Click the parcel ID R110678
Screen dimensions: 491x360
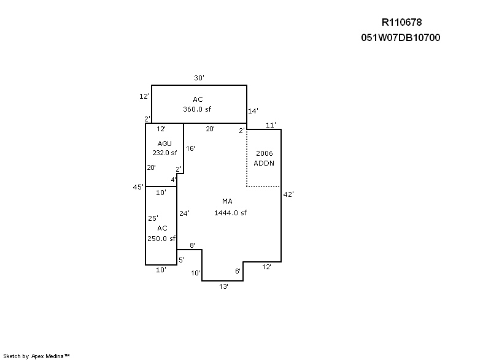tap(401, 22)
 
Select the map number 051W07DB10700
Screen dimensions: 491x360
tap(401, 37)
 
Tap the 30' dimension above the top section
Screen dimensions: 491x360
tap(199, 78)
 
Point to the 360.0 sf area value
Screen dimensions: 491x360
tap(197, 109)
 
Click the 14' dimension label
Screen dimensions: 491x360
tap(253, 111)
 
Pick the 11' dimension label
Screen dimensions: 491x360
tap(271, 125)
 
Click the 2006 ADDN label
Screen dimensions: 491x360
tap(264, 158)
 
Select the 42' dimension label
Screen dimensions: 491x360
tap(288, 194)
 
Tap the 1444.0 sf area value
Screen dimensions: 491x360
tap(230, 213)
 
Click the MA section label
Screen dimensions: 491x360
tap(227, 201)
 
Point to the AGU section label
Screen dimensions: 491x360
tap(164, 144)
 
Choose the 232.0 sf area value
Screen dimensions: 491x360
tap(164, 153)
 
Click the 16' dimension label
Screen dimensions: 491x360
tap(190, 148)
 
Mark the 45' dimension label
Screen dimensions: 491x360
tap(138, 187)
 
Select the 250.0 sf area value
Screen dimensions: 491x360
tap(161, 239)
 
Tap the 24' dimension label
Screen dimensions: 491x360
tap(184, 213)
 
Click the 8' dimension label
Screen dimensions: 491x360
tap(192, 245)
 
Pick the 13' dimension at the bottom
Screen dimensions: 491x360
tap(223, 286)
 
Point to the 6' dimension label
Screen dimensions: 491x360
tap(238, 271)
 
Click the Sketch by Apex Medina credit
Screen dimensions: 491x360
tap(36, 356)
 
